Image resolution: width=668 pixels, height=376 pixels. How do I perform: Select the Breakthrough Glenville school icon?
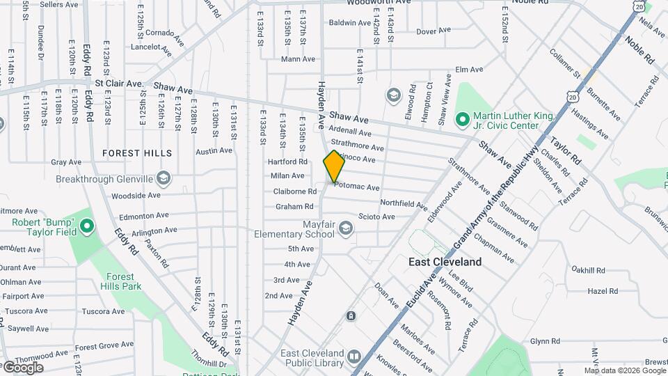(x=163, y=179)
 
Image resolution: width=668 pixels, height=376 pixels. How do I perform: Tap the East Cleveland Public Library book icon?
(x=354, y=357)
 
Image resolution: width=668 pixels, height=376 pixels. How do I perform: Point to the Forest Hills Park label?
(x=120, y=281)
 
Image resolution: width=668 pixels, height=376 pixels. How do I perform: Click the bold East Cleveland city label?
(x=444, y=262)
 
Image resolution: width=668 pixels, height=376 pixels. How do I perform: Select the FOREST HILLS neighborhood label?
(x=136, y=152)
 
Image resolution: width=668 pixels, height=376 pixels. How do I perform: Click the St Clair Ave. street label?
(x=119, y=84)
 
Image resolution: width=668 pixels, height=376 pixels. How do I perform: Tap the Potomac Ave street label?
(x=357, y=187)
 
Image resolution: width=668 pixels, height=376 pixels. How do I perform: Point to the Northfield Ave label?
(x=404, y=204)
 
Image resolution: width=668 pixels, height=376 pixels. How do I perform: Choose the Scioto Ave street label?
(x=376, y=217)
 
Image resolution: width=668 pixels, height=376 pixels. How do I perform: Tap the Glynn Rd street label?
(x=545, y=341)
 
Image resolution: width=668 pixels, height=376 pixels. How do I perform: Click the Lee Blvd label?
(x=461, y=276)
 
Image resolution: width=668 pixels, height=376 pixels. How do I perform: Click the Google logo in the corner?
(x=22, y=368)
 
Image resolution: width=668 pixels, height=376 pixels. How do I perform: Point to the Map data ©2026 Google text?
(x=625, y=370)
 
